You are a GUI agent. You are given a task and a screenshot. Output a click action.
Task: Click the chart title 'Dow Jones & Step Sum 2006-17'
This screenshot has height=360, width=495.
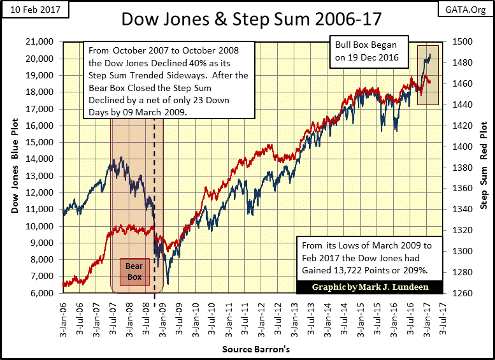pyautogui.click(x=252, y=18)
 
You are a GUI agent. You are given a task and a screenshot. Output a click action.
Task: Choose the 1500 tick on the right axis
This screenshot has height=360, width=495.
pyautogui.click(x=465, y=42)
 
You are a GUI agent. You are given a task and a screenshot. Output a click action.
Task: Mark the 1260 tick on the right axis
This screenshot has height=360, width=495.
pyautogui.click(x=465, y=294)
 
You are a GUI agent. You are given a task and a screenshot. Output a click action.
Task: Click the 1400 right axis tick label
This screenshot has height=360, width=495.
pyautogui.click(x=465, y=147)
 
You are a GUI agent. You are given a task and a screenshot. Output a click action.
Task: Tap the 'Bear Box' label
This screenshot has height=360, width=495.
pyautogui.click(x=133, y=271)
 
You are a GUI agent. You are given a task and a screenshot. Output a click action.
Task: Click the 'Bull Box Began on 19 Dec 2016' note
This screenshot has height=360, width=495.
pyautogui.click(x=368, y=52)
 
